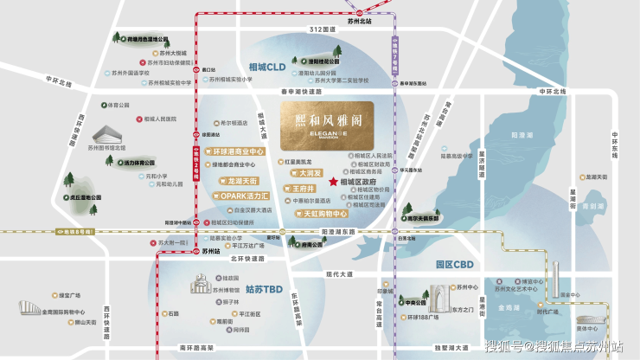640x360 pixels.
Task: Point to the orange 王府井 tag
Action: coord(302,187)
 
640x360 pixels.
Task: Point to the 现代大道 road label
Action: coord(341,274)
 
